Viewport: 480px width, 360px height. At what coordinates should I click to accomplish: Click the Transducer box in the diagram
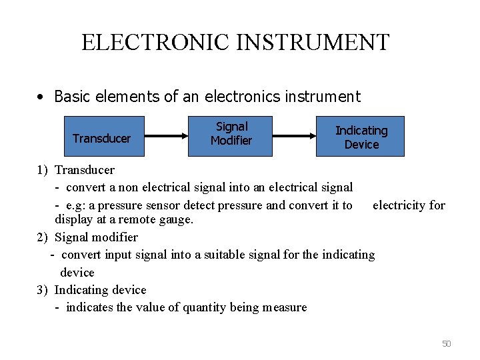coord(101,138)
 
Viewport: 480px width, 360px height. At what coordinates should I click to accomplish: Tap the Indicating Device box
coord(360,136)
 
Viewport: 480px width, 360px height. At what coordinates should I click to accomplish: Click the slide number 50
coord(446,343)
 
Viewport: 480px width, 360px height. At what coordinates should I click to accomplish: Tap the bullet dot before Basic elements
coord(41,97)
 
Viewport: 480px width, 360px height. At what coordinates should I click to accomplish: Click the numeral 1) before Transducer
coord(43,170)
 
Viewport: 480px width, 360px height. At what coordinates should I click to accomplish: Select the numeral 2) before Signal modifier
coord(43,237)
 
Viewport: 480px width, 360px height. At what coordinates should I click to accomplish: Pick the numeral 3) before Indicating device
coord(43,290)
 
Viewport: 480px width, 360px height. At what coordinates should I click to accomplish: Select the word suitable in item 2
coord(217,255)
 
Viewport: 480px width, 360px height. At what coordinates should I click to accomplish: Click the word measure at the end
coord(285,307)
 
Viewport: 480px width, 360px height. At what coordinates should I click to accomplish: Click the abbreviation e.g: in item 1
coord(80,205)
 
